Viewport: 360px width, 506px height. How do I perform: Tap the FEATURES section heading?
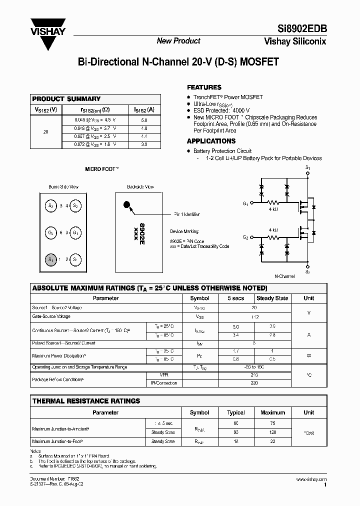(x=204, y=87)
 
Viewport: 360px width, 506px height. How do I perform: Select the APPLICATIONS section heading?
(x=211, y=141)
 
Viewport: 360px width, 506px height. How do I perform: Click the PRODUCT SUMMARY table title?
(x=66, y=99)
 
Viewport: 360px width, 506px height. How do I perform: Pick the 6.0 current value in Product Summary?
(x=144, y=120)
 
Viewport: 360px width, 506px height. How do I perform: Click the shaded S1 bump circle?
(x=50, y=259)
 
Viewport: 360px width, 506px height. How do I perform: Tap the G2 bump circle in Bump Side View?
(x=50, y=233)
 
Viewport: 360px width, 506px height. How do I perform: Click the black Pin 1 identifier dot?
(x=126, y=204)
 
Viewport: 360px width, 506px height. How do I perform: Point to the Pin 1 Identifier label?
(x=187, y=214)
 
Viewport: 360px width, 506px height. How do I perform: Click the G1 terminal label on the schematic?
(x=245, y=203)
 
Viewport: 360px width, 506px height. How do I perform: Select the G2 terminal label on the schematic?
(x=245, y=236)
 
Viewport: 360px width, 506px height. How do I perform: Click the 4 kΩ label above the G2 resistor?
(x=273, y=229)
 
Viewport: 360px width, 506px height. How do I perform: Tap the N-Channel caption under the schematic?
(x=284, y=276)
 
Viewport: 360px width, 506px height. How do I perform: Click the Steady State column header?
(x=272, y=298)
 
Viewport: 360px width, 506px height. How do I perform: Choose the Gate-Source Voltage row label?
(x=51, y=316)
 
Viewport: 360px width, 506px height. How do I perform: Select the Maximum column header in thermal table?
(x=272, y=412)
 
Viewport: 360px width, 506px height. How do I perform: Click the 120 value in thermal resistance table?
(x=272, y=432)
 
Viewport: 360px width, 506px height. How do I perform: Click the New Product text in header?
(x=178, y=41)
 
